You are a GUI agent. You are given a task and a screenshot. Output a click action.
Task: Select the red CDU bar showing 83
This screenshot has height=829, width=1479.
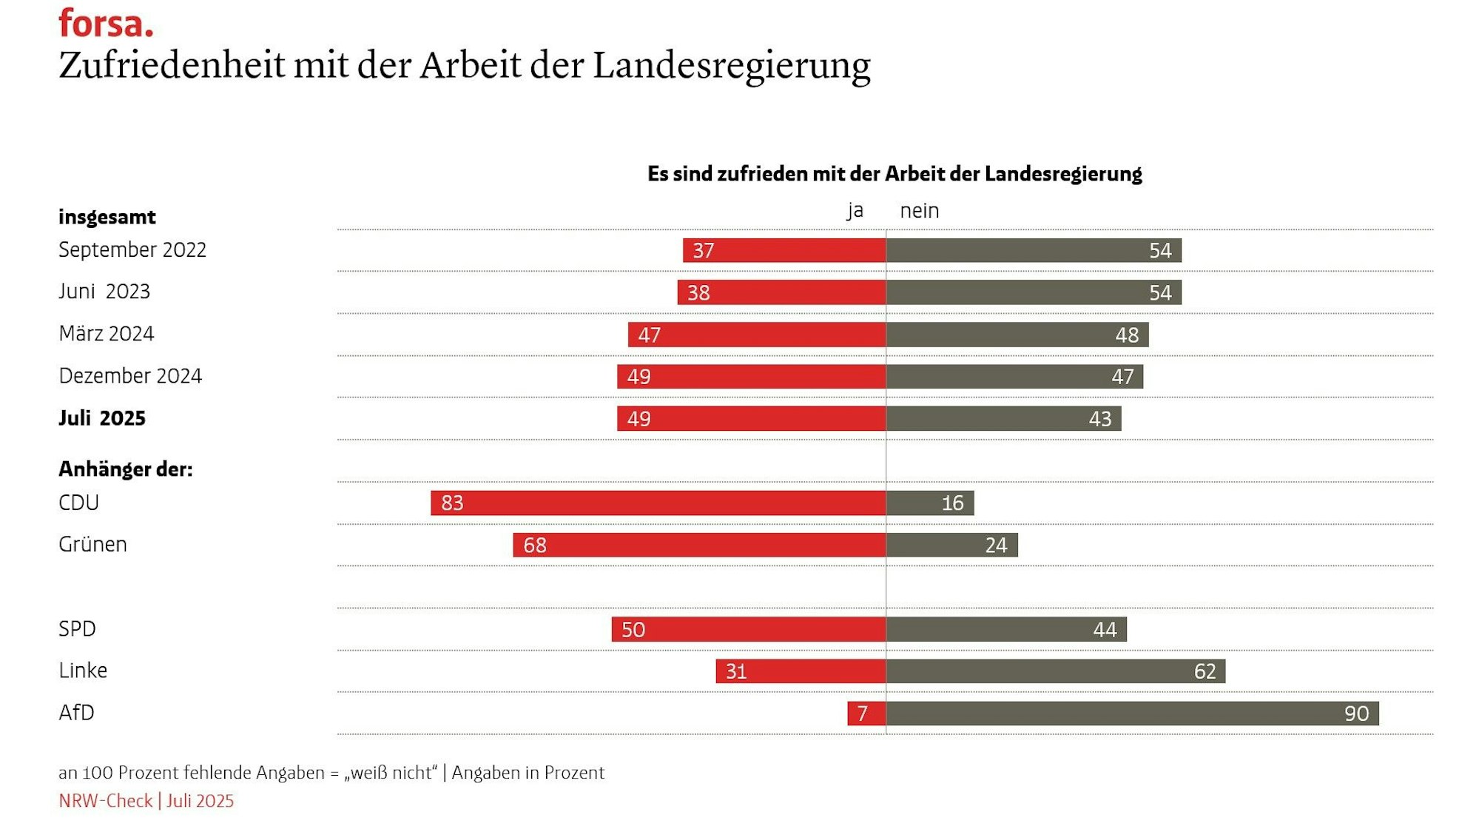click(x=658, y=503)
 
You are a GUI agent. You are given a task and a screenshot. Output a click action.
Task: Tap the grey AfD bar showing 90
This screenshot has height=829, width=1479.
click(x=1132, y=713)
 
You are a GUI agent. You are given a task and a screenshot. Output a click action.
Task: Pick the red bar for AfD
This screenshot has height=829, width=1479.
click(x=866, y=713)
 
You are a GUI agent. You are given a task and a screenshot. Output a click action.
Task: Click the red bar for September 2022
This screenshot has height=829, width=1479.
click(x=784, y=250)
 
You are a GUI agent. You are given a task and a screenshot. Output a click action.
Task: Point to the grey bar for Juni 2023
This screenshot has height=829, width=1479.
click(x=1034, y=292)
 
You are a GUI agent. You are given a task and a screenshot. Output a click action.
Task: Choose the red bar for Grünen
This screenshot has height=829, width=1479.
click(x=699, y=545)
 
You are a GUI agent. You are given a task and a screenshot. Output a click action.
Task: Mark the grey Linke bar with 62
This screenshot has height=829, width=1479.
click(x=1056, y=671)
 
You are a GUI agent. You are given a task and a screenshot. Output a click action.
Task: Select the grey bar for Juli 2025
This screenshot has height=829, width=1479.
click(x=1003, y=418)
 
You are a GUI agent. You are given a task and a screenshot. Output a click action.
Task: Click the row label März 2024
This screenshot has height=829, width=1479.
click(x=107, y=334)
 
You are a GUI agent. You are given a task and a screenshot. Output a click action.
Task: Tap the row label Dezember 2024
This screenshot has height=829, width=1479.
click(x=130, y=376)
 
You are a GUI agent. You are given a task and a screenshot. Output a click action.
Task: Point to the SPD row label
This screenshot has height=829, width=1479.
click(x=77, y=628)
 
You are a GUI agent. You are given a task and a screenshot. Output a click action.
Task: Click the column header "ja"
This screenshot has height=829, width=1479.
click(x=855, y=211)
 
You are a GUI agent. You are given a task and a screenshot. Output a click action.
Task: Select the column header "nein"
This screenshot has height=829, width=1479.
click(x=919, y=211)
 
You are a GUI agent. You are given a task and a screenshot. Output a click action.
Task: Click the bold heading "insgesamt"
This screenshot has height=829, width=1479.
click(x=107, y=217)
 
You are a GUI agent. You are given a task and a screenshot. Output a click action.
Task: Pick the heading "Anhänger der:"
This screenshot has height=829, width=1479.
click(x=125, y=469)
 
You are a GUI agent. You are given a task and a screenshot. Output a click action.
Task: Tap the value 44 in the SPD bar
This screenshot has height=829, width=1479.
click(x=1105, y=629)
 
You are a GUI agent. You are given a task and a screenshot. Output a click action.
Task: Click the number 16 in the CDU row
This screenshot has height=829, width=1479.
click(x=952, y=503)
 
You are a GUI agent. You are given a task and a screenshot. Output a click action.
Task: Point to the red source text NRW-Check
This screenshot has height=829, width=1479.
click(x=105, y=801)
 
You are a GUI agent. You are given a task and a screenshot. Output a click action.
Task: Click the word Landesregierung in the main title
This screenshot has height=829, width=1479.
click(x=731, y=65)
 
